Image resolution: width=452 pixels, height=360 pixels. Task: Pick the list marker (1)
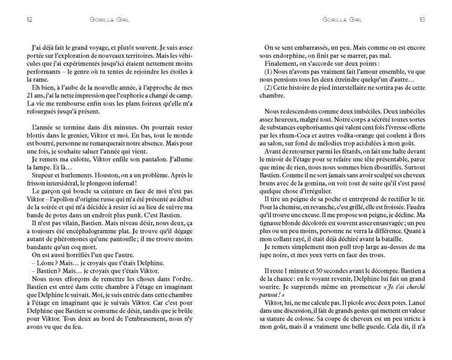pyautogui.click(x=269, y=72)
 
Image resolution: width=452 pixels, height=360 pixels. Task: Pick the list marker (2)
pyautogui.click(x=269, y=88)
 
